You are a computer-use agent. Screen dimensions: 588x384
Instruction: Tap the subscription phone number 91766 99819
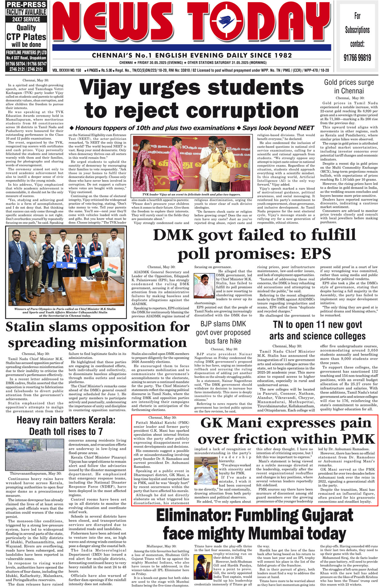[x=357, y=58]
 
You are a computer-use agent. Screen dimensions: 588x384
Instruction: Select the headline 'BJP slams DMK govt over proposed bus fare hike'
[x=223, y=332]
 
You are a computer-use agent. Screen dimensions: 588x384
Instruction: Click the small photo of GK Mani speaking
[x=206, y=471]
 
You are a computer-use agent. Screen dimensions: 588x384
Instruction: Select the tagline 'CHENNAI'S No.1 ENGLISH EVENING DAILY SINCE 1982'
[x=192, y=55]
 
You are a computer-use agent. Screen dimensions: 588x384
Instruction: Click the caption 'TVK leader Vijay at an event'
[x=191, y=194]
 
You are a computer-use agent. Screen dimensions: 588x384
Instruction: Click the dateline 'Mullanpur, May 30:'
[x=161, y=546]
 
